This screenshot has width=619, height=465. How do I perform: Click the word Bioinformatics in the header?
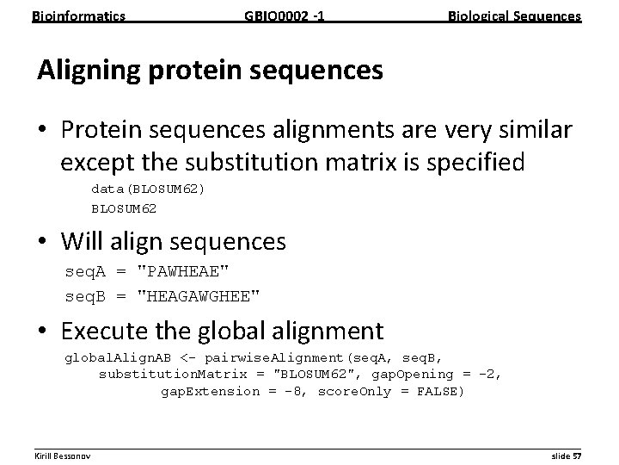click(78, 15)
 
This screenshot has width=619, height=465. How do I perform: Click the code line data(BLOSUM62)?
click(149, 189)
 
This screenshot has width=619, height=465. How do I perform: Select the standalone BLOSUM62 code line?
click(124, 208)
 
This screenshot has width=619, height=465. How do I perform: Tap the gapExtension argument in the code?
click(214, 392)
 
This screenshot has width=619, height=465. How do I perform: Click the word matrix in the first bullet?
click(381, 162)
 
